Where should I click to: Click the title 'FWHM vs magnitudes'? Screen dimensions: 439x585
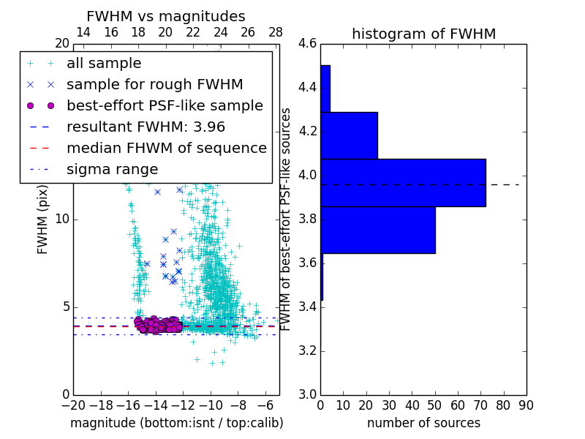[165, 16]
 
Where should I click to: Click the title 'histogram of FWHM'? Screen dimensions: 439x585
[423, 34]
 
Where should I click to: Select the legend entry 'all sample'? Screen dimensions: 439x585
[104, 64]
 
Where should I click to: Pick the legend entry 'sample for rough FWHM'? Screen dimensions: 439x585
[154, 84]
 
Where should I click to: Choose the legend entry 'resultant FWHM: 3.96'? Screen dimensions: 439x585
[146, 127]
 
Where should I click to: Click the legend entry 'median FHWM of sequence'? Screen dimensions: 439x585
[166, 148]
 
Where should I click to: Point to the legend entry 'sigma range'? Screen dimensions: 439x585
[112, 169]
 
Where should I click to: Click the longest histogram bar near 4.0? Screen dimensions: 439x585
[403, 182]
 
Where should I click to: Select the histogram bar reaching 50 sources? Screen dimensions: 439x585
[377, 230]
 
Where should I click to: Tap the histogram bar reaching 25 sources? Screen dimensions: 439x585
[349, 135]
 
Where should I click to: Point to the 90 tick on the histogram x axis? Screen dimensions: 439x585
[526, 405]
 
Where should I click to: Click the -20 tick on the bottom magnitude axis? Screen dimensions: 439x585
[73, 405]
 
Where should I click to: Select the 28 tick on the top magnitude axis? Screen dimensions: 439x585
[276, 32]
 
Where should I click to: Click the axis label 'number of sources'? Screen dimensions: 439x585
[423, 423]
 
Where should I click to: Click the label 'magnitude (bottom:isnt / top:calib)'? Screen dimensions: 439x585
[176, 423]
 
